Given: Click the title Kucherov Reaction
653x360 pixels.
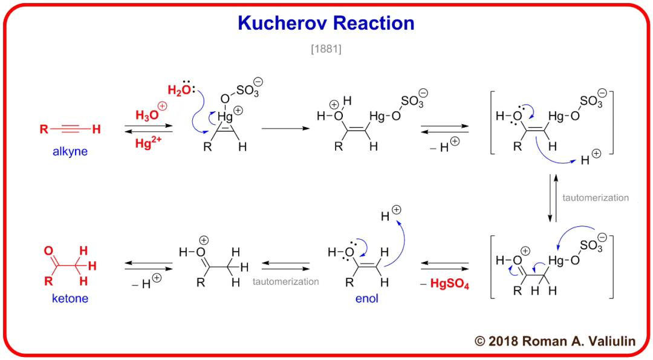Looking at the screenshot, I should tap(326, 23).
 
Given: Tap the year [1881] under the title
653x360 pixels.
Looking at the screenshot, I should tap(326, 49).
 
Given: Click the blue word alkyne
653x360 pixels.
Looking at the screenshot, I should tap(70, 151).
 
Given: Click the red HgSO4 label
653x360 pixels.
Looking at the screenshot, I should tap(450, 283).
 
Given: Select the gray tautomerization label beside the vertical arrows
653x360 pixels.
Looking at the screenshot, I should tap(596, 198).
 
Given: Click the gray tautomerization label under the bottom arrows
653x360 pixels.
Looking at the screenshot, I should tap(285, 281).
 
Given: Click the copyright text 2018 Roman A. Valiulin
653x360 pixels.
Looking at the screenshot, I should tap(555, 341).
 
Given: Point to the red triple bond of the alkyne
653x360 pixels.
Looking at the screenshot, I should tap(71, 129).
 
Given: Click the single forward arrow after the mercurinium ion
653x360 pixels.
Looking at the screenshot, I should tap(285, 129).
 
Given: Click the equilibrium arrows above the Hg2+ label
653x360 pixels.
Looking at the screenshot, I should tap(148, 129).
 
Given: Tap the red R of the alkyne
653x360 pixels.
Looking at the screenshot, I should tap(44, 129).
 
